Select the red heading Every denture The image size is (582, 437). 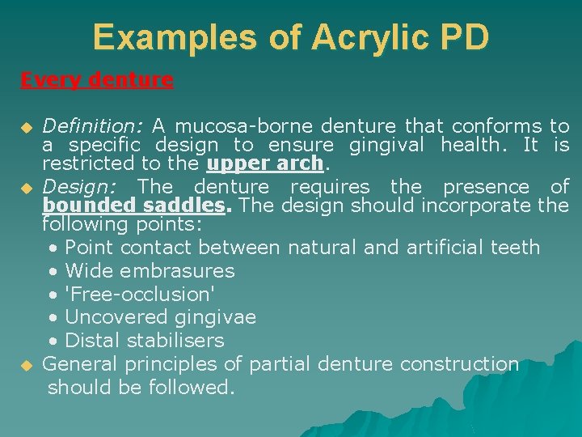click(x=97, y=80)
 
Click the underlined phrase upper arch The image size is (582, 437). click(x=265, y=164)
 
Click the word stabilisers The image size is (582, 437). click(x=175, y=340)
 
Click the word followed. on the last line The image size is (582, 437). click(x=192, y=388)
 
